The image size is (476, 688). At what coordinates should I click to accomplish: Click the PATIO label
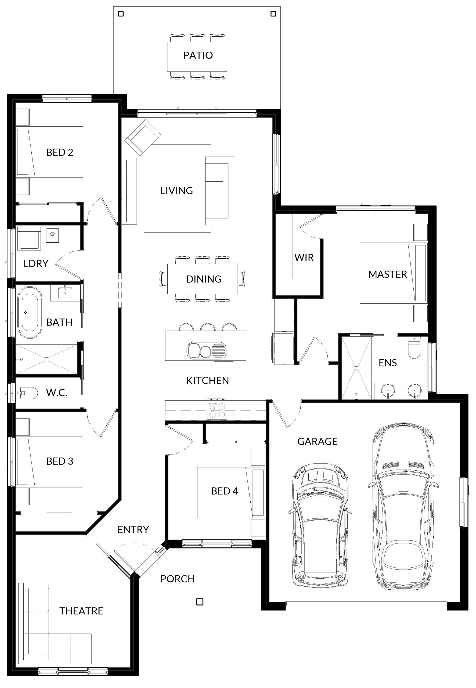tap(198, 55)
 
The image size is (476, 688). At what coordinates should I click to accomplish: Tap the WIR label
tap(304, 257)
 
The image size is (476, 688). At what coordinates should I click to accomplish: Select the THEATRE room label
tap(81, 611)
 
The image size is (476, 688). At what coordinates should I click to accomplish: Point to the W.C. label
tap(57, 393)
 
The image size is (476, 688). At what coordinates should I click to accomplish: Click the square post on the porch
tap(200, 602)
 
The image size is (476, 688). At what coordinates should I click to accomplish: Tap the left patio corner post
tap(121, 14)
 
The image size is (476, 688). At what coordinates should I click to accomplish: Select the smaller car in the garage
tap(320, 526)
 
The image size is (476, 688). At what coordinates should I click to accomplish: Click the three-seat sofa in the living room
tap(220, 191)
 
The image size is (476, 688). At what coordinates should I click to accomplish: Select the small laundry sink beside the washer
tap(52, 235)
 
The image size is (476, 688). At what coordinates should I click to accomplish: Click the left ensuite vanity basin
tap(388, 390)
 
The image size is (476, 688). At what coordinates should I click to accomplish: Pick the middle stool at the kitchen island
tap(208, 327)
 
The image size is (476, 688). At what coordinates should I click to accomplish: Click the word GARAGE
tap(317, 441)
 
